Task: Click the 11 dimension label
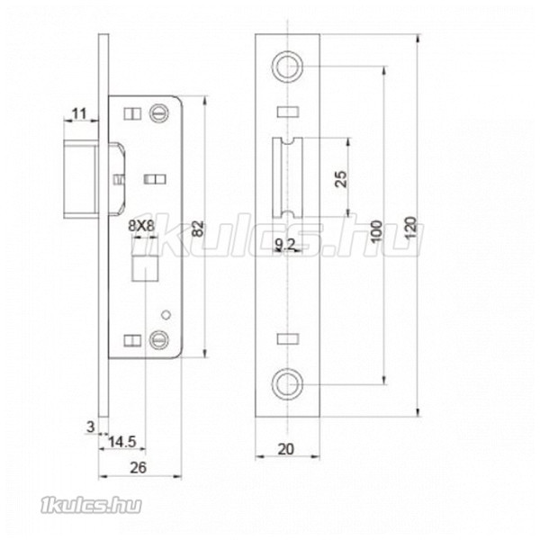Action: pyautogui.click(x=79, y=113)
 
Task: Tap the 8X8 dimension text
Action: pyautogui.click(x=141, y=226)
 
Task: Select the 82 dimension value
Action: pyautogui.click(x=198, y=229)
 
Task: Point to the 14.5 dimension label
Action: pyautogui.click(x=122, y=442)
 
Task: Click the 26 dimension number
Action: pyautogui.click(x=138, y=468)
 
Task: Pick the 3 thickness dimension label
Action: pyautogui.click(x=90, y=427)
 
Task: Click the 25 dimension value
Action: pyautogui.click(x=341, y=179)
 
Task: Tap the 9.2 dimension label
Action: pyautogui.click(x=285, y=245)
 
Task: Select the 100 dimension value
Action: pyautogui.click(x=377, y=231)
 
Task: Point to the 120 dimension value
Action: pyautogui.click(x=410, y=228)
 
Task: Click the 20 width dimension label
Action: pyautogui.click(x=286, y=449)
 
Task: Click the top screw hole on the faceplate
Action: pyautogui.click(x=288, y=67)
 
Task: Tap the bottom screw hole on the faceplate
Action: pyautogui.click(x=288, y=384)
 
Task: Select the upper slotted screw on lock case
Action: pyautogui.click(x=159, y=113)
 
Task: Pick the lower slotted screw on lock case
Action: pyautogui.click(x=159, y=339)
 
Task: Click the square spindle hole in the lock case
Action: pyautogui.click(x=145, y=268)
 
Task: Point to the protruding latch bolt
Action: pyautogui.click(x=81, y=182)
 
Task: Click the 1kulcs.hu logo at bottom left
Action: pyautogui.click(x=91, y=506)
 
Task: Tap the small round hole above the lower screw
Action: pyautogui.click(x=166, y=314)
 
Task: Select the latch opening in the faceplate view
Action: pyautogui.click(x=288, y=177)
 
